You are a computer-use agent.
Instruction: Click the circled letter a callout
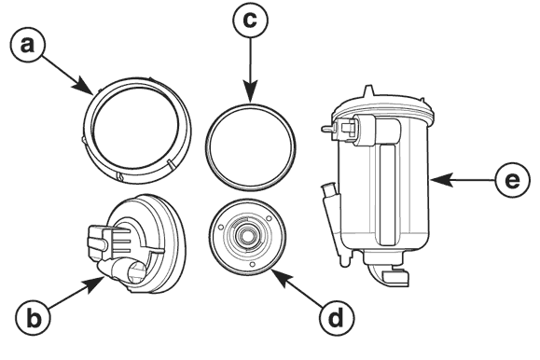pyautogui.click(x=28, y=45)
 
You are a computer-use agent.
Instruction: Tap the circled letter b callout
pyautogui.click(x=33, y=318)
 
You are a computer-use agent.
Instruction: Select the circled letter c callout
pyautogui.click(x=250, y=20)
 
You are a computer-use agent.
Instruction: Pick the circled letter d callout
pyautogui.click(x=336, y=318)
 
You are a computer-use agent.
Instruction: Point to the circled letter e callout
pyautogui.click(x=512, y=180)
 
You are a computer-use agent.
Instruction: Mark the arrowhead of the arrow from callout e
pyautogui.click(x=442, y=180)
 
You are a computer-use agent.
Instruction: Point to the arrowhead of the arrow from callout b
pyautogui.click(x=94, y=284)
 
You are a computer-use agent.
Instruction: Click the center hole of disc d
pyautogui.click(x=246, y=236)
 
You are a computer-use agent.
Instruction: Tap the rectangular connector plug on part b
pyautogui.click(x=101, y=242)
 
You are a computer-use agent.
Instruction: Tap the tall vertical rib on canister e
pyautogui.click(x=387, y=195)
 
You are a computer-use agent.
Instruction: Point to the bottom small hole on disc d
pyautogui.click(x=253, y=264)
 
